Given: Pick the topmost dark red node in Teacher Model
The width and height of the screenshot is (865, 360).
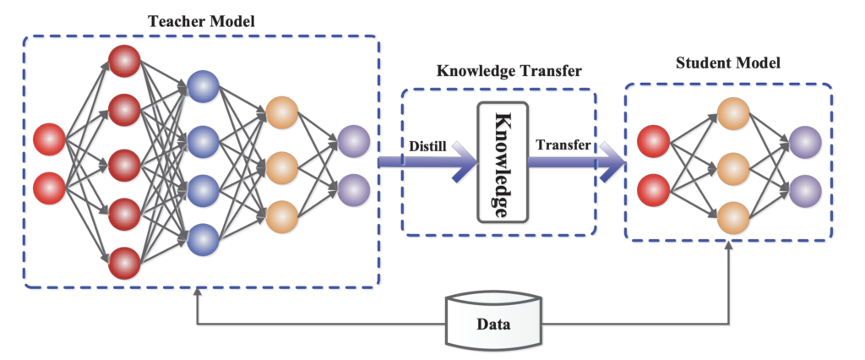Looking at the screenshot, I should (x=124, y=62).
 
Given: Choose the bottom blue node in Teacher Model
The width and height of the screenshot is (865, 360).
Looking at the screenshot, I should (x=202, y=239).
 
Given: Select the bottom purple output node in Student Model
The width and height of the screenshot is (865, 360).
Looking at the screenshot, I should (x=802, y=189).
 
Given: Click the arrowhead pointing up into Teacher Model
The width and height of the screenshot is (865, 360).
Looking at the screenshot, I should (x=198, y=292).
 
